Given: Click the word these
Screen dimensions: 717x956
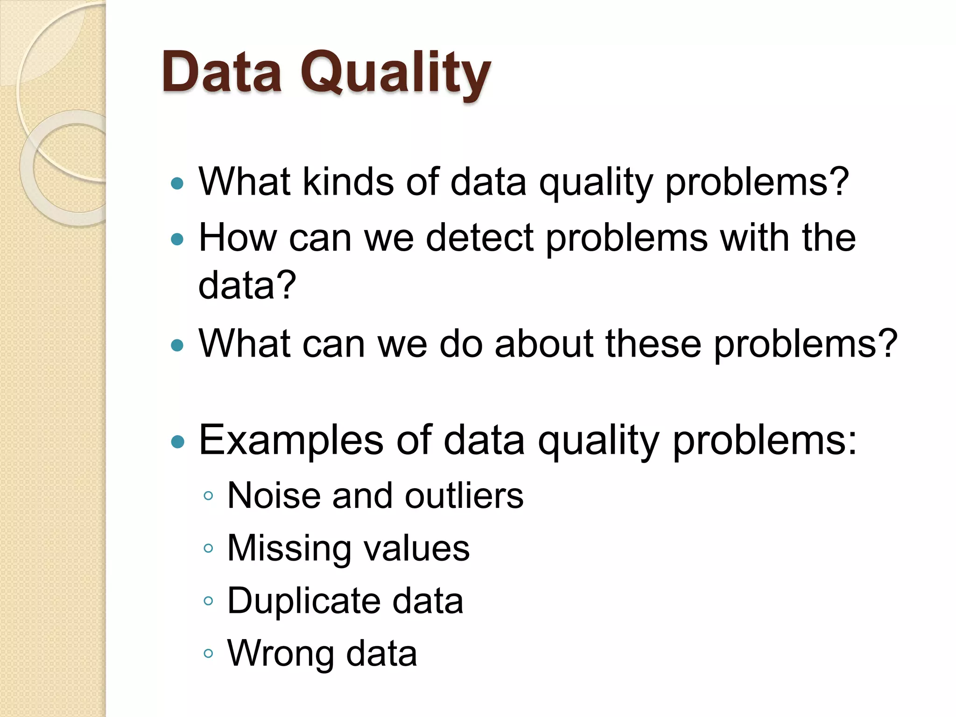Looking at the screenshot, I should coord(654,344).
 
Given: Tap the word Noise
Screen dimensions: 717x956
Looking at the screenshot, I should coord(274,495).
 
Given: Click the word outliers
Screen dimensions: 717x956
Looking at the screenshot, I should coord(464,495).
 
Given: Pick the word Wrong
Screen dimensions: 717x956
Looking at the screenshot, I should coord(281,654).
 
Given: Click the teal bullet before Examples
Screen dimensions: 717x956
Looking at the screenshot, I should coord(178,442).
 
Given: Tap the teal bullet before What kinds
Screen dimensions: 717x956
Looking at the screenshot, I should coord(178,183).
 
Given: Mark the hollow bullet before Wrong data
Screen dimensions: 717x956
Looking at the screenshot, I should coord(209,654).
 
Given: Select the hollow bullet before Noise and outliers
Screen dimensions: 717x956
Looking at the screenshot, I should coord(209,496).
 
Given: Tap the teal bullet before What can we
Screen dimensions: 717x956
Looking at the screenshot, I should coord(178,345).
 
